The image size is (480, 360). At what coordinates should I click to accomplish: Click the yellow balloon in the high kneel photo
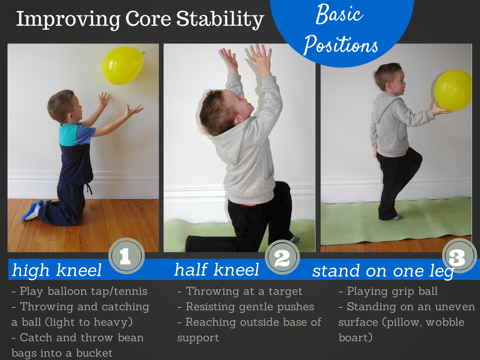click(x=123, y=66)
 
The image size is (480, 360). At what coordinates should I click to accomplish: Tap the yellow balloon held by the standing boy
click(x=453, y=90)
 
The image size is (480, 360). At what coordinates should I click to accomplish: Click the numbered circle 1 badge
click(x=127, y=256)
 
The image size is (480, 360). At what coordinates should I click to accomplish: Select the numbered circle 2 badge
click(x=282, y=257)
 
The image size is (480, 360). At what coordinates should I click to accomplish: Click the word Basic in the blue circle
click(x=339, y=15)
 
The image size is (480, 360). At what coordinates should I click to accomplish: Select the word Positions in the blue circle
click(x=341, y=45)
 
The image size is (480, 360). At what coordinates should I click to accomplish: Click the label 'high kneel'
click(x=57, y=270)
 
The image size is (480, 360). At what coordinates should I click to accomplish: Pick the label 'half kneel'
click(x=217, y=270)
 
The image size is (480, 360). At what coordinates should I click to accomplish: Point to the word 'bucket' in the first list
click(x=94, y=353)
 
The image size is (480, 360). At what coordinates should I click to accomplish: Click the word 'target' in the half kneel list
click(x=285, y=292)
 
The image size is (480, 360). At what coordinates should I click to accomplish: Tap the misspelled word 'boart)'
click(x=355, y=337)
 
